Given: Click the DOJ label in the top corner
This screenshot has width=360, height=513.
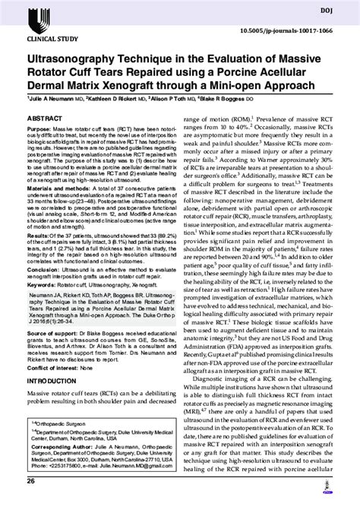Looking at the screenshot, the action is pos(339,9).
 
